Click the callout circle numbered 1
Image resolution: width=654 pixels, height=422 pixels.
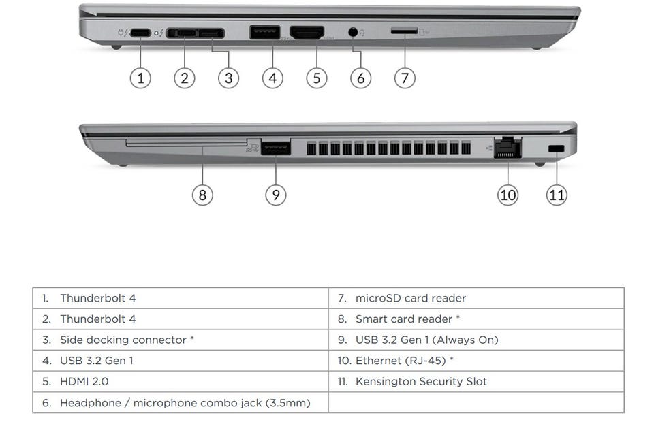[x=140, y=78]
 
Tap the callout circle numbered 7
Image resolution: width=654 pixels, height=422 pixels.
[x=405, y=78]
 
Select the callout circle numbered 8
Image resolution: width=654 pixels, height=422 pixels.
[x=202, y=195]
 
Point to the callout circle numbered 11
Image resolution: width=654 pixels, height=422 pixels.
[x=557, y=195]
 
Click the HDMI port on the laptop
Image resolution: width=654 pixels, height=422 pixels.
[x=307, y=33]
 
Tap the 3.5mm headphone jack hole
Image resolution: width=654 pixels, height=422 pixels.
[x=353, y=32]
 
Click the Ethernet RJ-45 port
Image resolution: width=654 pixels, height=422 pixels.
[x=508, y=148]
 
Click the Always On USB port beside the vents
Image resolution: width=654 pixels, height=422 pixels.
[x=275, y=148]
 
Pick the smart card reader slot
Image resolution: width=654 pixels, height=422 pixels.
[x=186, y=143]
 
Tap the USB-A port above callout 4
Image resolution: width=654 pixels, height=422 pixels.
[x=264, y=33]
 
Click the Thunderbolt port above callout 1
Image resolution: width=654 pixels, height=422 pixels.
[x=141, y=33]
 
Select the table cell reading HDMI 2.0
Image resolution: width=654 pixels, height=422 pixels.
[x=84, y=381]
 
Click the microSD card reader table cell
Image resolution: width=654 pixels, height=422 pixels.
[x=411, y=298]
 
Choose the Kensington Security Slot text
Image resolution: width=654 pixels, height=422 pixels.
[x=421, y=381]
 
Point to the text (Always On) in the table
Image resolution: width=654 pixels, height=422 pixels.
[x=466, y=340]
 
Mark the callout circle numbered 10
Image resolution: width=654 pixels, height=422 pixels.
[x=508, y=195]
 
